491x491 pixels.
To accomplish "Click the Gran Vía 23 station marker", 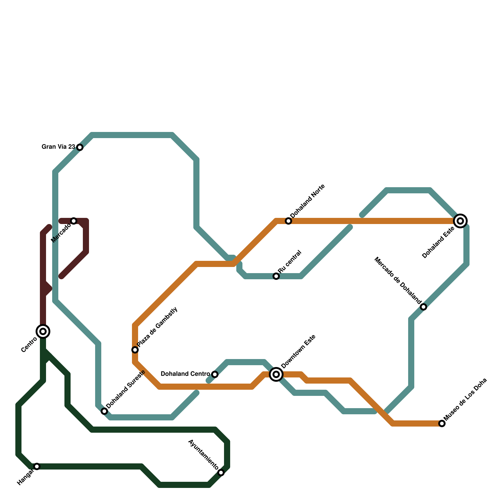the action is pos(80,147).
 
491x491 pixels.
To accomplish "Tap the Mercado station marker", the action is pos(74,221).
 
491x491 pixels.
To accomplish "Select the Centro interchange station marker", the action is pos(43,331).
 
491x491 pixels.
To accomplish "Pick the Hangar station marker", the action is pos(37,466).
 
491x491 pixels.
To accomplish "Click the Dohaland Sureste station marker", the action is pos(104,411).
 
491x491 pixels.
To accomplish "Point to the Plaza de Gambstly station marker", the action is pos(135,350).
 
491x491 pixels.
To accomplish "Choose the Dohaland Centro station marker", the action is pos(215,374).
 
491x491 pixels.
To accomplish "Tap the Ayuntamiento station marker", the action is pos(221,473).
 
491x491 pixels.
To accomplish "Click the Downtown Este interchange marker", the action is pos(276,374).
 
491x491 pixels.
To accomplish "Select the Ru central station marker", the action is pos(276,276).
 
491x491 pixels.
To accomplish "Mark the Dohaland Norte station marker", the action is pos(288,221).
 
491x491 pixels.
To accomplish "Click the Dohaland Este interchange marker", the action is pos(460,221).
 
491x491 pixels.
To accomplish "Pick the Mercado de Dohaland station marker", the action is pos(423,307).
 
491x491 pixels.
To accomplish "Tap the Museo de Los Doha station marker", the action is pos(442,423).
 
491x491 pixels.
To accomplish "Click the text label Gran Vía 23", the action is pos(58,147).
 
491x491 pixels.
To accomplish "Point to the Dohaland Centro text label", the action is pos(185,374).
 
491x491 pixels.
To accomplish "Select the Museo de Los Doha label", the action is pos(465,400).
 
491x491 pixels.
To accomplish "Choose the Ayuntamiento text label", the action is pos(203,455).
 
